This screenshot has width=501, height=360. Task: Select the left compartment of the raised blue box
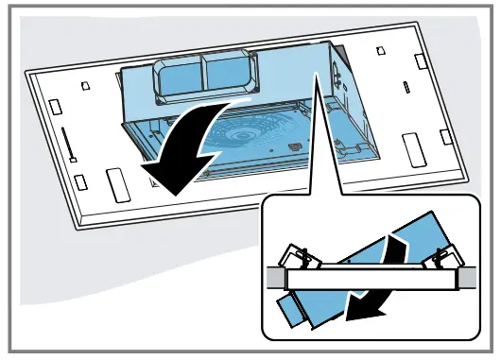[x=181, y=77]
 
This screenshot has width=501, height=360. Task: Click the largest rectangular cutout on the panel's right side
[x=414, y=150]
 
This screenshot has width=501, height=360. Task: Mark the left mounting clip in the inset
[x=299, y=254]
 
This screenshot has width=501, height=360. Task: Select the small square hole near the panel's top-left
[x=86, y=85]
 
